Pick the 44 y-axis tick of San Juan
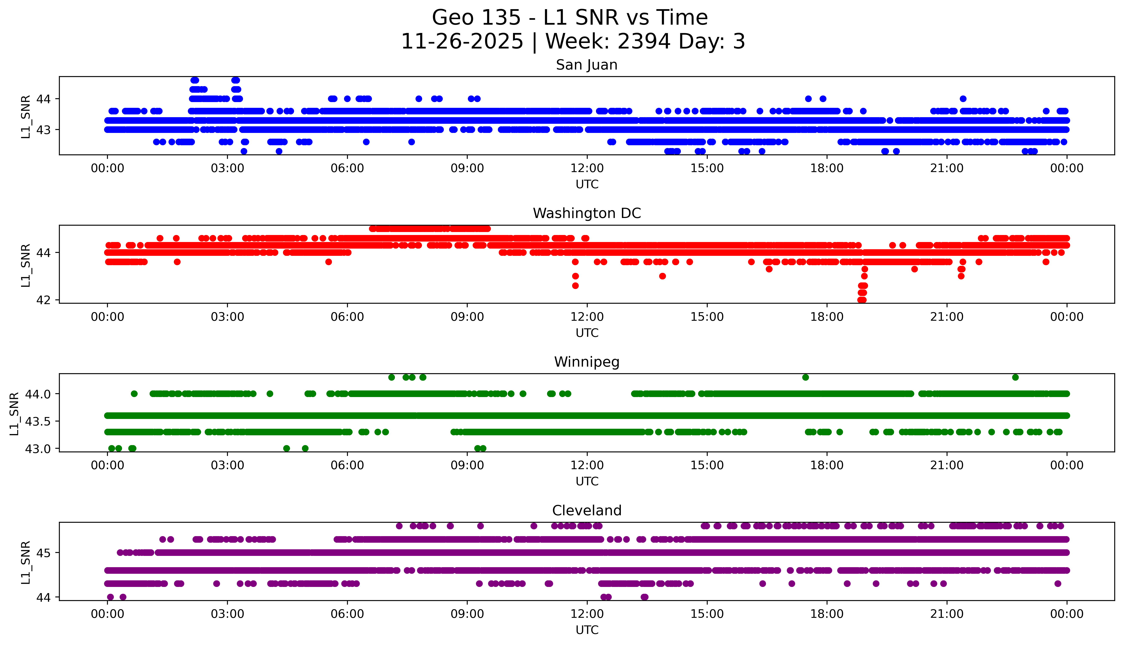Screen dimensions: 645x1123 coord(43,99)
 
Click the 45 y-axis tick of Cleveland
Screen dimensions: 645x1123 coord(43,553)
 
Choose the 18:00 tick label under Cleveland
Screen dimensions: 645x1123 coord(827,614)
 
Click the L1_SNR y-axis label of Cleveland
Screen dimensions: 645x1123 coord(26,562)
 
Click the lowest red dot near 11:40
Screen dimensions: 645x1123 coord(575,286)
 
